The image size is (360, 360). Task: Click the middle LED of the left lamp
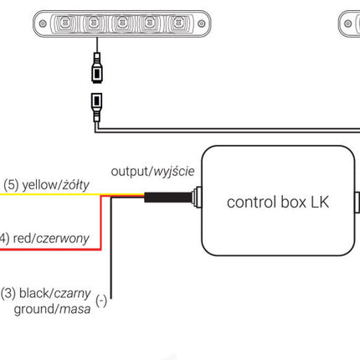[x=121, y=23]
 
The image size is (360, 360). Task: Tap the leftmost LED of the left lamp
[x=65, y=23]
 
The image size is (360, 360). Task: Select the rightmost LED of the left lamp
[x=178, y=23]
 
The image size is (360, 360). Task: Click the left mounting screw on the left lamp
[x=43, y=23]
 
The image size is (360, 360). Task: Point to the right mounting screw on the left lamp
[x=202, y=23]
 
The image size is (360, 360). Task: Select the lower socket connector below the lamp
[x=96, y=107]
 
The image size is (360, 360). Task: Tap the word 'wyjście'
[x=174, y=171]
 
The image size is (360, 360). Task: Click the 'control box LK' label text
[x=278, y=202]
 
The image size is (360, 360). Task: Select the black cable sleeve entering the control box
[x=168, y=198]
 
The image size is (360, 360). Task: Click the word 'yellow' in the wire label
[x=39, y=185]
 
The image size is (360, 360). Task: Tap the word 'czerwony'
[x=63, y=239]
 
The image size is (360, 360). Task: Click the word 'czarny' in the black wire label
[x=72, y=294]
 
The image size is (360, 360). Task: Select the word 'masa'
[x=75, y=309]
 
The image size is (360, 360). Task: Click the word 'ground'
[x=35, y=310]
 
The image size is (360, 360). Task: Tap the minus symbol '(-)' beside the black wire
[x=101, y=301]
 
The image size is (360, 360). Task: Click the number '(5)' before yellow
[x=11, y=185]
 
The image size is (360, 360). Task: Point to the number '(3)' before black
[x=8, y=294]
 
